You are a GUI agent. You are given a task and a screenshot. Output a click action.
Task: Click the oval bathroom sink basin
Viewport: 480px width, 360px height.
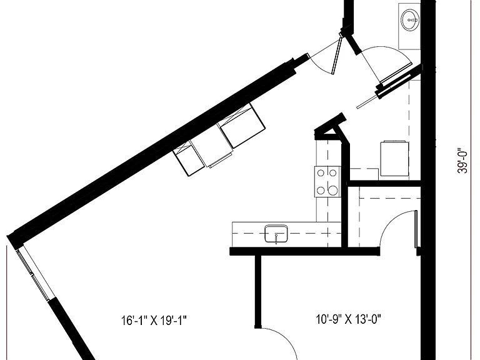coord(410,20)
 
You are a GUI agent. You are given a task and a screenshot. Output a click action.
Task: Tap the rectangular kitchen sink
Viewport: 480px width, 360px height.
coord(276,234)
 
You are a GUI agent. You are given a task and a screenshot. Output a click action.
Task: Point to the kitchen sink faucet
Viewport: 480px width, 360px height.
coord(276,239)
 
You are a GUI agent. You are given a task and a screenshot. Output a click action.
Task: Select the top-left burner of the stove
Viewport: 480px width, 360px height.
coord(321,173)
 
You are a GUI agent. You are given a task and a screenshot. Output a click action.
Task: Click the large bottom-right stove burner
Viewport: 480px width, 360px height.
coord(332,191)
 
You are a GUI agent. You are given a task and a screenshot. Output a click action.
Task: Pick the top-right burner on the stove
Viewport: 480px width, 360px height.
coord(332,173)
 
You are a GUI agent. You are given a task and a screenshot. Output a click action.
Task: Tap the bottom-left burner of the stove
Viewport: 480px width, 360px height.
coord(321,191)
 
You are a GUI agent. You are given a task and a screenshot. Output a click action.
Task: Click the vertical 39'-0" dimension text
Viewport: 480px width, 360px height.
coord(462,162)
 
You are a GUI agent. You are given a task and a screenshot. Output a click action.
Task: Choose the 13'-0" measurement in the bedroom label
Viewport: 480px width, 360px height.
coord(368,319)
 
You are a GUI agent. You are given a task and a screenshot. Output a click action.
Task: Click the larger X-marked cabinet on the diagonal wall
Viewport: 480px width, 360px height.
coord(241,125)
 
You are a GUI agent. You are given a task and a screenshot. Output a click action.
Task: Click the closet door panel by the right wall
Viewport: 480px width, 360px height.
coord(416,229)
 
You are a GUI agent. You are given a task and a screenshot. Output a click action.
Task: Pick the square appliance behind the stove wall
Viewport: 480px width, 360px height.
coord(394,159)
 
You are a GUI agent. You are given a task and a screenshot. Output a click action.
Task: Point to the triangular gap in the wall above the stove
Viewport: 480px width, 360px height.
coord(329,131)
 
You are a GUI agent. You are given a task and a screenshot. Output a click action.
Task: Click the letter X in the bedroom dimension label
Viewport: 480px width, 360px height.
coord(348,320)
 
